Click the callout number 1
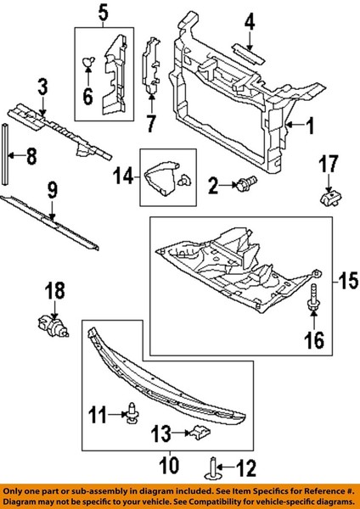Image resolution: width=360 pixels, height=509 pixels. (310, 126)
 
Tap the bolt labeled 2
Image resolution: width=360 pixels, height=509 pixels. (247, 183)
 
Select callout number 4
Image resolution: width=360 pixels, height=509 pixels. (250, 23)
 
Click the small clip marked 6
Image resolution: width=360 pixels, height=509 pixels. (88, 61)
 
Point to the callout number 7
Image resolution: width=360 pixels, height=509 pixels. (151, 124)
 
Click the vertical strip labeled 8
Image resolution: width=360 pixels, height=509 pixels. (5, 154)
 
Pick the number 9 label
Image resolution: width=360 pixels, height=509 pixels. (52, 191)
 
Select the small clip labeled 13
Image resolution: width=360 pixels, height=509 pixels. (200, 433)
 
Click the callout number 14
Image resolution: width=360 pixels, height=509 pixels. (124, 176)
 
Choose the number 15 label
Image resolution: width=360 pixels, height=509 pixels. (347, 281)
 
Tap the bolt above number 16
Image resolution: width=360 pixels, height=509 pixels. (312, 296)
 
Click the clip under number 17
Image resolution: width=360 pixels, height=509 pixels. (330, 198)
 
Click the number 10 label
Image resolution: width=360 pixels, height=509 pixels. (170, 466)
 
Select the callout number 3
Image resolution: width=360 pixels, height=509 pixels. (42, 87)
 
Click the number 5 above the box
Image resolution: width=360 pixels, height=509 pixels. (103, 14)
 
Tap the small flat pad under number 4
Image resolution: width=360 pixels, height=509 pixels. (249, 54)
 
